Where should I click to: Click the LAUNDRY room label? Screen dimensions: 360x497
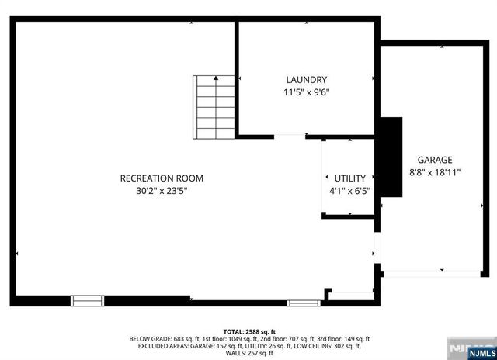tap(306, 80)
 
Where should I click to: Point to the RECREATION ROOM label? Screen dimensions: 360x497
tap(162, 178)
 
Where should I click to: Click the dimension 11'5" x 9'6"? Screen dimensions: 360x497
tap(306, 92)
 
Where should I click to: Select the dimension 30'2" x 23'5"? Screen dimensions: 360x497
tap(162, 190)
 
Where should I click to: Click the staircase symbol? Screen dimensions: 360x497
tap(214, 106)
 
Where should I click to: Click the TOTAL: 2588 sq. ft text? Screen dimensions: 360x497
tap(248, 331)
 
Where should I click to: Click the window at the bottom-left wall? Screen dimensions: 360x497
tap(87, 299)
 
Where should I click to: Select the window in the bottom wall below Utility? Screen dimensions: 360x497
tap(302, 302)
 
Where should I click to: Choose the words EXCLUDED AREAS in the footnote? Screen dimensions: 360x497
tap(154, 347)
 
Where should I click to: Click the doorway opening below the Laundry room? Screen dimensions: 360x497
tap(290, 137)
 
